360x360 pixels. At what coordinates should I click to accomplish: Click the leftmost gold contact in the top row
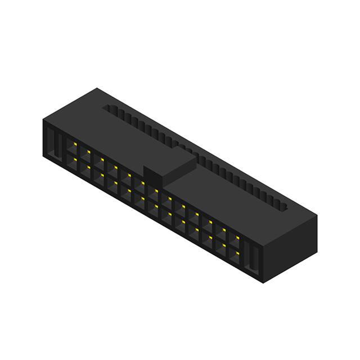pos(74,144)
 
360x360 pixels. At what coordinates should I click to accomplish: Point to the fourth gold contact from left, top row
pos(115,167)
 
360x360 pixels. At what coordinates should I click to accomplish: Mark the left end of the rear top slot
pos(107,106)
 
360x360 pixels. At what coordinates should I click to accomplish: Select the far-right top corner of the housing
pos(317,215)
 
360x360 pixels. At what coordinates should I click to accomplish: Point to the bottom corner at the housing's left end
pos(44,156)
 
